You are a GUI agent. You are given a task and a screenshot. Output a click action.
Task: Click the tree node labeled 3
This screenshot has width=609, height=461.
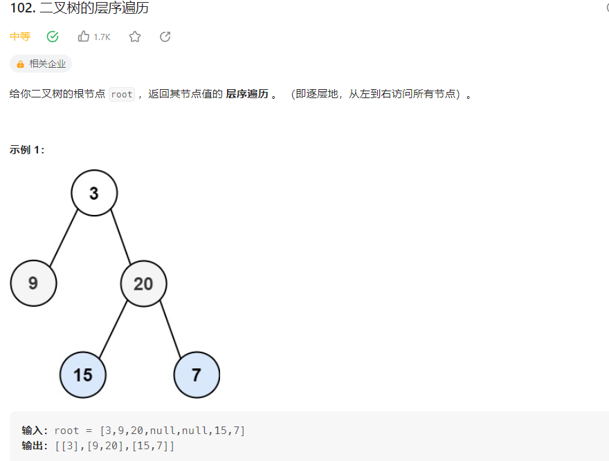(x=94, y=193)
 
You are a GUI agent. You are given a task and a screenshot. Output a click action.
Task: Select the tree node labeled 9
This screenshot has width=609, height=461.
(x=33, y=283)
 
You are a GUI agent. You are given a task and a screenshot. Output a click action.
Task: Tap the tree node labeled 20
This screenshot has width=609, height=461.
(x=143, y=283)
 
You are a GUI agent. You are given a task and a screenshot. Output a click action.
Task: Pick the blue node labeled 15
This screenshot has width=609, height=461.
(x=83, y=375)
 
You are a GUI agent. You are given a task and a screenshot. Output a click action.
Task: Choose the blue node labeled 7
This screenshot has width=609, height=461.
(x=197, y=375)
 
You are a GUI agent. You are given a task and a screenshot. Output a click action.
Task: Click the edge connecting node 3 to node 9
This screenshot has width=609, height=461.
(x=64, y=236)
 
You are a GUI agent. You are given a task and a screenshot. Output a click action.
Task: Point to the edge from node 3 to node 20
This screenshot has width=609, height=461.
(x=120, y=236)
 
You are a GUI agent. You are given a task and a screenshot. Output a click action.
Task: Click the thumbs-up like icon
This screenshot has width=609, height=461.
(x=84, y=37)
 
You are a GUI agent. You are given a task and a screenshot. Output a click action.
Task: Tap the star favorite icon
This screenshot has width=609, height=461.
(x=135, y=37)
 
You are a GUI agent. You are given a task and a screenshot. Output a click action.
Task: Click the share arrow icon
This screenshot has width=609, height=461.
(x=165, y=37)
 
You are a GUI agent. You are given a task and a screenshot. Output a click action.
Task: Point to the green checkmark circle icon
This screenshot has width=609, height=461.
(x=53, y=37)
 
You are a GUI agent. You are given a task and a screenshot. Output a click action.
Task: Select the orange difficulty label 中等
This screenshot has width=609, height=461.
(x=20, y=37)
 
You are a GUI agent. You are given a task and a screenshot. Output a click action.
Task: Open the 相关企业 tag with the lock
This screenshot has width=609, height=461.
(x=41, y=64)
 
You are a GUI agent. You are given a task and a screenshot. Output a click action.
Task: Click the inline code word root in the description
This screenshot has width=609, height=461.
(x=121, y=95)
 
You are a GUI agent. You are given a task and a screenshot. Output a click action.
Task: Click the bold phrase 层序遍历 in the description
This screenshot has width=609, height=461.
(x=247, y=95)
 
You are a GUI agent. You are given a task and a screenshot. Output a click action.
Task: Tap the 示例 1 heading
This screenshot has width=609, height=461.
(x=27, y=149)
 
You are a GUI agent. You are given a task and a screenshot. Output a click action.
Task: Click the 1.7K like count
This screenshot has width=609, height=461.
(x=102, y=37)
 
